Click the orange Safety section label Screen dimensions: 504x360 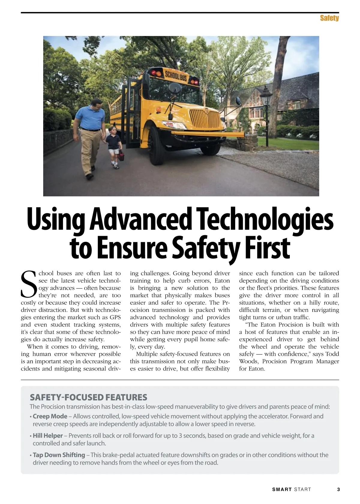click(x=329, y=18)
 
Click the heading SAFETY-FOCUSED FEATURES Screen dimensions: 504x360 click(x=88, y=397)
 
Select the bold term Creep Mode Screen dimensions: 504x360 click(x=50, y=416)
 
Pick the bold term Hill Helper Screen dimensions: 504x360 click(x=48, y=436)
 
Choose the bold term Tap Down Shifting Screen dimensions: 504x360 click(x=59, y=455)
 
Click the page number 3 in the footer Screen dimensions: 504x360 click(x=338, y=490)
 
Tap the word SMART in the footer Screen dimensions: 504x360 click(x=282, y=490)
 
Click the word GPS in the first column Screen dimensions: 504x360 click(x=115, y=317)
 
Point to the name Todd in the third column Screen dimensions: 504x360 click(x=332, y=354)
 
